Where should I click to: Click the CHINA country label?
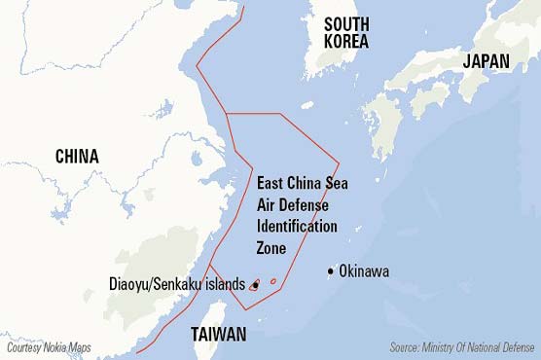click(x=77, y=156)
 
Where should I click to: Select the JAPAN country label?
click(x=486, y=60)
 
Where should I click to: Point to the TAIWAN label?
click(x=218, y=335)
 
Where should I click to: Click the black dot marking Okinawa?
click(x=332, y=270)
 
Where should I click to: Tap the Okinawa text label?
click(x=364, y=271)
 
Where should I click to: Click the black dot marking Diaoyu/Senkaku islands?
click(x=255, y=285)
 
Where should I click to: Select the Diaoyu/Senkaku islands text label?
click(x=177, y=284)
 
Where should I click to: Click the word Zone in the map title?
click(x=272, y=247)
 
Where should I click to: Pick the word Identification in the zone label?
click(x=297, y=226)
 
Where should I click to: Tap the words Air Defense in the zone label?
click(x=292, y=204)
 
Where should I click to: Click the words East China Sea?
click(x=302, y=183)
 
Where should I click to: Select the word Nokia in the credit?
click(x=50, y=347)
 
